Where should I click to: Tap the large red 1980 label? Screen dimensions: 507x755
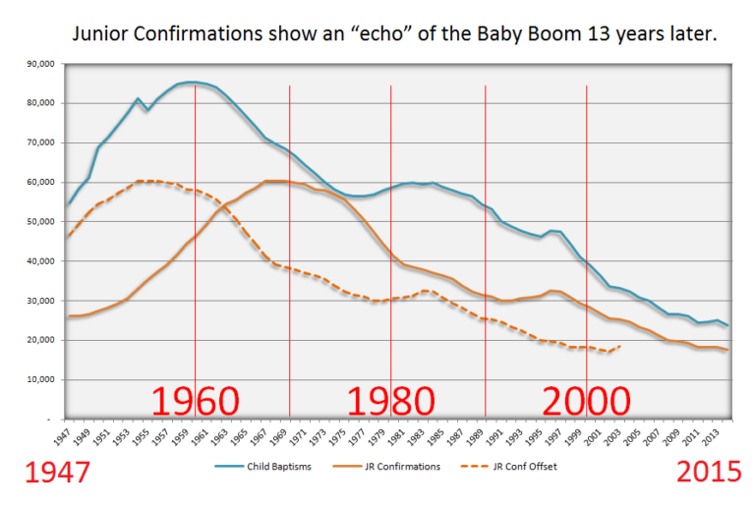tap(391, 402)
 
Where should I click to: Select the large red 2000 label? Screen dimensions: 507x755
tap(586, 402)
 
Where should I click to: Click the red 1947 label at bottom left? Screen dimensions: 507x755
tap(47, 473)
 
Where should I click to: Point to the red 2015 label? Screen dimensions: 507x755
tap(708, 473)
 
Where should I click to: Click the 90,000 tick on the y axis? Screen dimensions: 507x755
tap(40, 64)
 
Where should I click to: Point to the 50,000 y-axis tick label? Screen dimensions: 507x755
tap(40, 222)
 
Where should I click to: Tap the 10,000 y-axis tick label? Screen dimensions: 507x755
tap(40, 379)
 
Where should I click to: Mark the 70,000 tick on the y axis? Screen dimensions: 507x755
tap(40, 143)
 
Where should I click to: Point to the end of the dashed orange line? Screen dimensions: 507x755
tap(619, 345)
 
